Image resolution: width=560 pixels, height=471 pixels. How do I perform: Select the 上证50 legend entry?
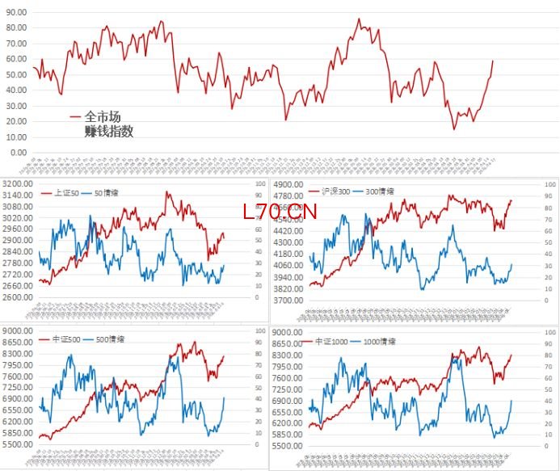[66, 192]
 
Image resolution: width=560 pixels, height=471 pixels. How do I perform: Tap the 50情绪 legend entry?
[107, 192]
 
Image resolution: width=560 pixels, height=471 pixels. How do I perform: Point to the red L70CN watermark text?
[280, 212]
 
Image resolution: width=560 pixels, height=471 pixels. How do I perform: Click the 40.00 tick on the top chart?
[15, 90]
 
